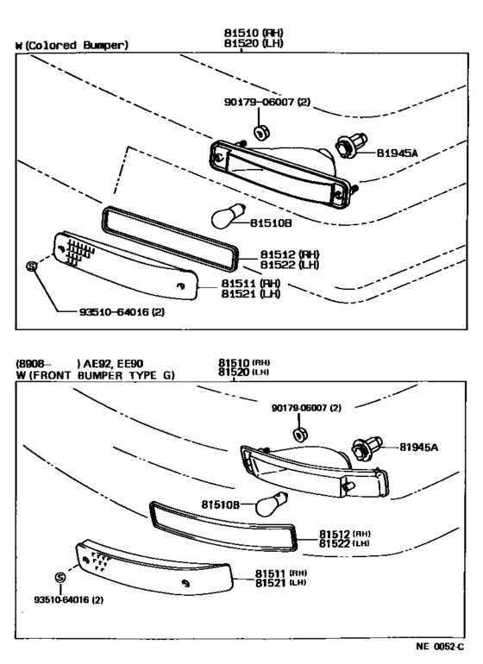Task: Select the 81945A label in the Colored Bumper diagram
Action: tap(397, 153)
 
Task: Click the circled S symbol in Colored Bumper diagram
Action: tap(33, 266)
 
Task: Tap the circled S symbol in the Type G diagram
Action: tap(60, 577)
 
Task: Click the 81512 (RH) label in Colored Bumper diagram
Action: tap(290, 254)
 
